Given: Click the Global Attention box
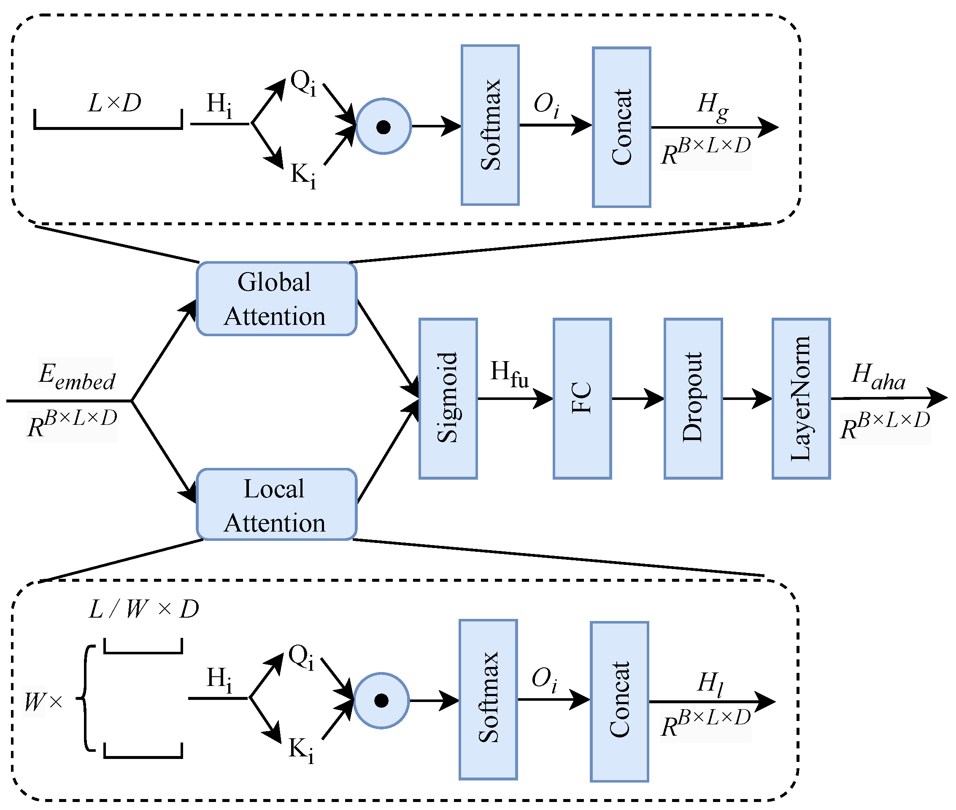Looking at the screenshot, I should tap(276, 299).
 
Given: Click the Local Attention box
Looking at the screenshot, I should tap(276, 505).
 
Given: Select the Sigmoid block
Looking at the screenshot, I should tap(448, 399).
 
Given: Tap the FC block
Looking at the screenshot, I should tap(582, 399).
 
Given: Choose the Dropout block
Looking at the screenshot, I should tap(693, 399).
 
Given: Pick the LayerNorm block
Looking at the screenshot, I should tap(801, 399).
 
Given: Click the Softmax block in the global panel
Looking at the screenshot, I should tap(490, 125).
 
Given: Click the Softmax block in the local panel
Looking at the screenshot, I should tap(488, 699).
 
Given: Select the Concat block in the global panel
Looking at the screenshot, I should tap(621, 127).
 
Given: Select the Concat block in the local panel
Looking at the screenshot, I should tap(619, 701).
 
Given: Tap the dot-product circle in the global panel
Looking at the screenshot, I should tap(383, 126).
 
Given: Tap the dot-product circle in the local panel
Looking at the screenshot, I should tap(381, 701).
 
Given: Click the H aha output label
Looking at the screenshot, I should tap(878, 377).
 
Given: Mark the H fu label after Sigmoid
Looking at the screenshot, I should tap(509, 374).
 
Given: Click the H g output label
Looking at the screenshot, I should tap(712, 107).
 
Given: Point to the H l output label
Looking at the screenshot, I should tap(710, 684).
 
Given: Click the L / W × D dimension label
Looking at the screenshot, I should tap(144, 609).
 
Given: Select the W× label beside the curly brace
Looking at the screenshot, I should tap(43, 702).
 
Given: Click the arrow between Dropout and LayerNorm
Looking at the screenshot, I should tap(747, 399).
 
